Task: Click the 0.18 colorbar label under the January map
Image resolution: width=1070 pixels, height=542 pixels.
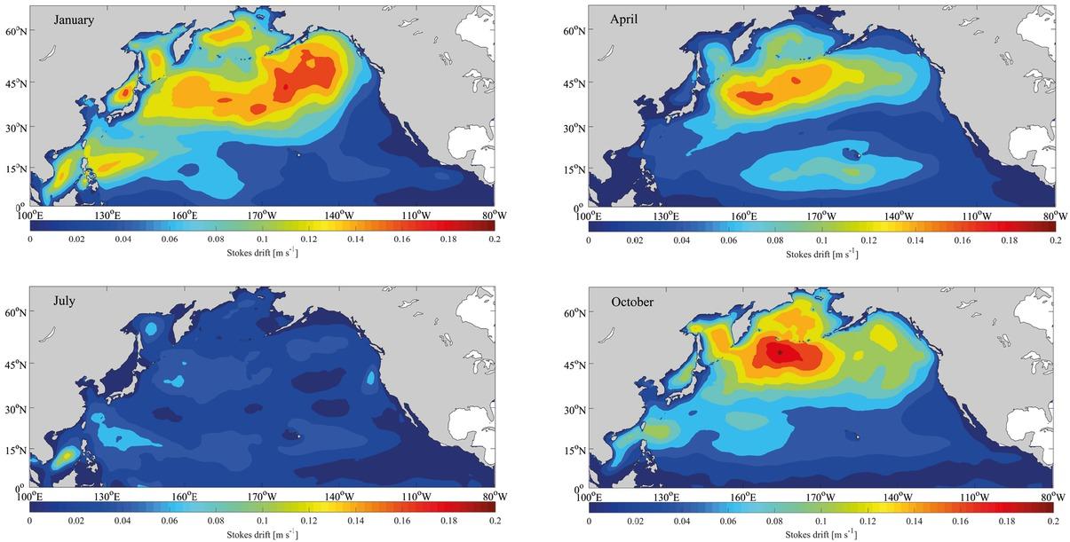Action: [448, 239]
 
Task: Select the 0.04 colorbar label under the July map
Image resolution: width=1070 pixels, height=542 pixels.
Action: [123, 520]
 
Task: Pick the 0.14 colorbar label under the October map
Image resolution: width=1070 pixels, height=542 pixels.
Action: [915, 521]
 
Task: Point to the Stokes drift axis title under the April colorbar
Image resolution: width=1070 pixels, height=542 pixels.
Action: [821, 254]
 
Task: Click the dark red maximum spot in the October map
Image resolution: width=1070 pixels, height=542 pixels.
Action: [780, 352]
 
